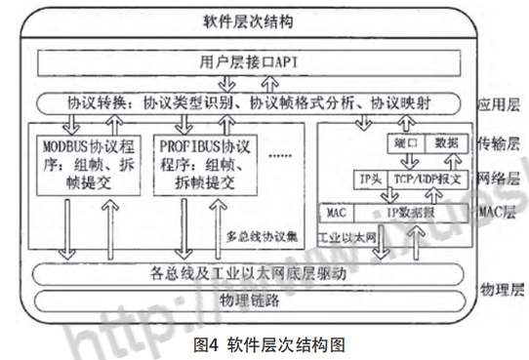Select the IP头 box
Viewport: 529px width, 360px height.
pyautogui.click(x=368, y=180)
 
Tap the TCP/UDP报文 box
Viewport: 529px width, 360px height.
pyautogui.click(x=428, y=180)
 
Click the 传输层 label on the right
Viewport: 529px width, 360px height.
pyautogui.click(x=500, y=143)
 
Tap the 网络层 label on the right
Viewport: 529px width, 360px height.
pyautogui.click(x=500, y=180)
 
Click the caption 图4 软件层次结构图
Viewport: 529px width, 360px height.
pyautogui.click(x=264, y=343)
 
